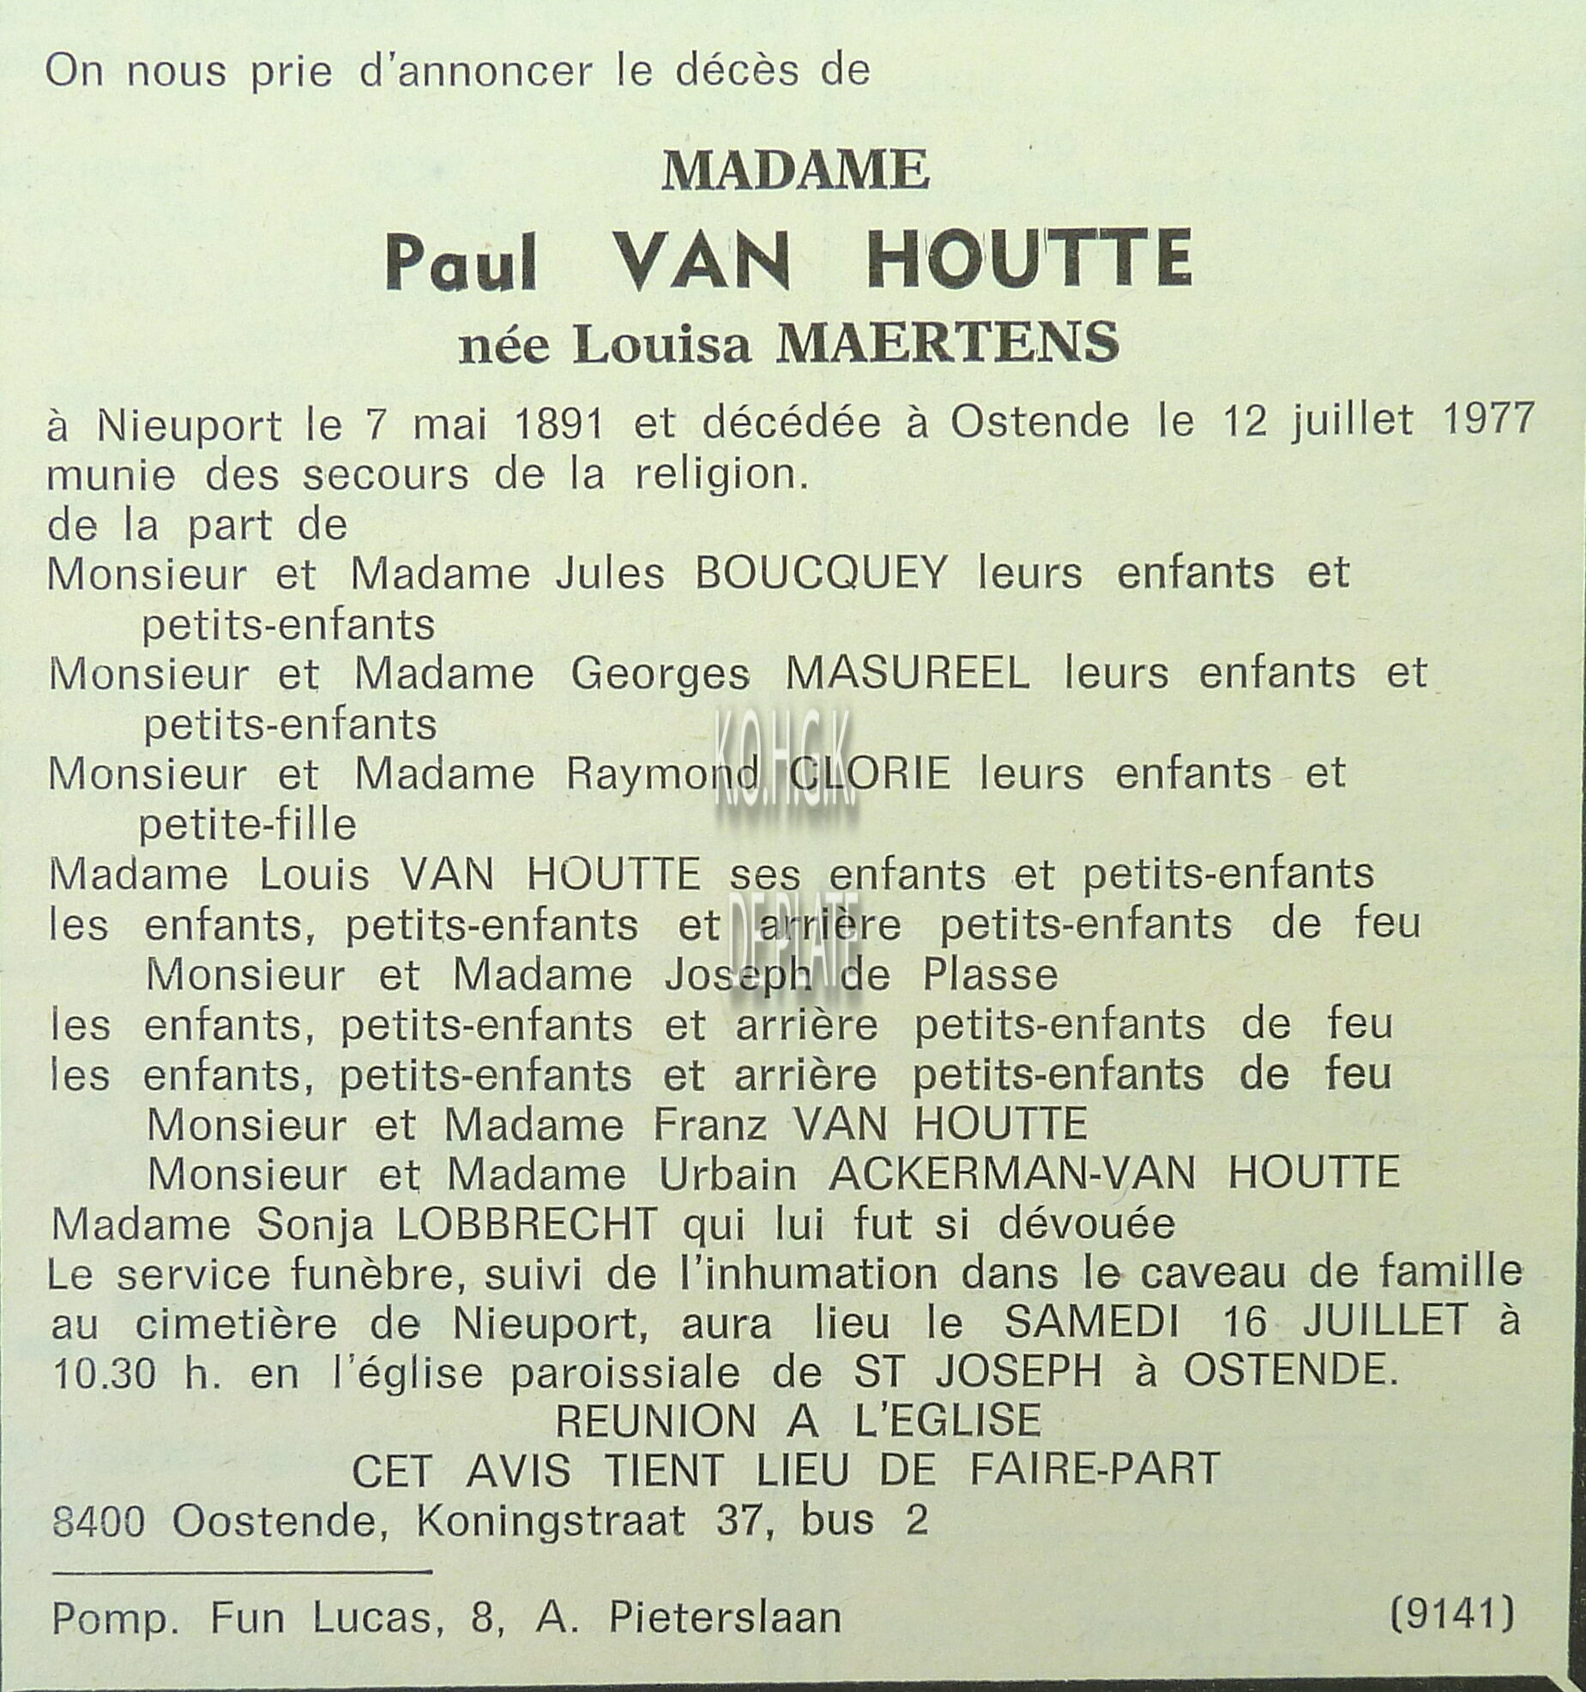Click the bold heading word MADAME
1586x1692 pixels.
795,170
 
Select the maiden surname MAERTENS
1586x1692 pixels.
947,343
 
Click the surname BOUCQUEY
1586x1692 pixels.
821,573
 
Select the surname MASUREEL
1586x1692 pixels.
908,674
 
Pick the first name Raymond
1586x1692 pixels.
662,775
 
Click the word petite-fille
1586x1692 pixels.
247,825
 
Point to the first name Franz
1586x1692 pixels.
709,1124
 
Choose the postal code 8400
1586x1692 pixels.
98,1522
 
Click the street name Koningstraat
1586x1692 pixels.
551,1522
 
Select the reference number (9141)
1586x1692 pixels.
1451,1615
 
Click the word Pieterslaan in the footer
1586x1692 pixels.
725,1618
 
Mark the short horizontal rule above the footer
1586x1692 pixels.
241,1571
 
